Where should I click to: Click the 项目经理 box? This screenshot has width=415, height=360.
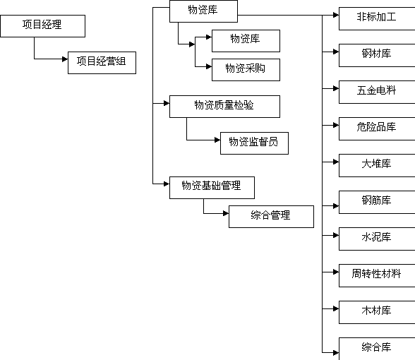coord(42,26)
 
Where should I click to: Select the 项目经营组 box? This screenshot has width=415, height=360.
coord(102,63)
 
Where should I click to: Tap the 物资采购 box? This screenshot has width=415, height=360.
coord(246,70)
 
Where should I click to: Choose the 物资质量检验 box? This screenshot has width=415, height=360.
coord(224,107)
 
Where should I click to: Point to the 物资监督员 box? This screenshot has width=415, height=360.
coord(254,143)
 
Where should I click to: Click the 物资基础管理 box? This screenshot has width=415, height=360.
coord(212,188)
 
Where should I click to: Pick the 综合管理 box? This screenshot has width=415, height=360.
coord(271,217)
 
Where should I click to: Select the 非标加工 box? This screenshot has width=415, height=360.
coord(377,18)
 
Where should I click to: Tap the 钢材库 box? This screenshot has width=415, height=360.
coord(377,55)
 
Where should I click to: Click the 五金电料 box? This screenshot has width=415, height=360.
coord(377,92)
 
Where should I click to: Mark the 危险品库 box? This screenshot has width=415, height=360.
coord(377,128)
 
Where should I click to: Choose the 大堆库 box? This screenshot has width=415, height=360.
coord(377,165)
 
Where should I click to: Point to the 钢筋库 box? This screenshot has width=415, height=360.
coord(377,202)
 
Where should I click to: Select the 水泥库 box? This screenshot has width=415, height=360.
coord(377,239)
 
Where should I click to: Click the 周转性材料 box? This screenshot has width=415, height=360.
coord(377,275)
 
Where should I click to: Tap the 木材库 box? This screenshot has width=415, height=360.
coord(377,312)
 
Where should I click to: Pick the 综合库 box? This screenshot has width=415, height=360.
coord(377,349)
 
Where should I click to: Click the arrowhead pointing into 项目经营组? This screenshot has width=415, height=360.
coord(65,59)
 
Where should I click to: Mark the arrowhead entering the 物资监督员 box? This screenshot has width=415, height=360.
coord(217,140)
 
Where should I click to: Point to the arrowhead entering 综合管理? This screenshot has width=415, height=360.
coord(226,213)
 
